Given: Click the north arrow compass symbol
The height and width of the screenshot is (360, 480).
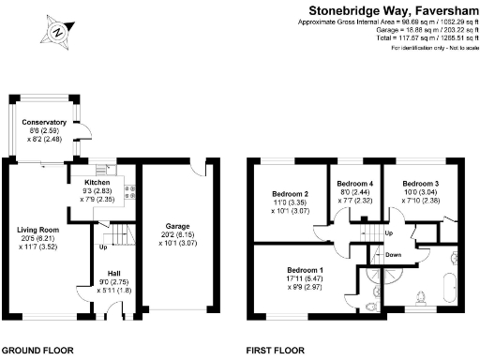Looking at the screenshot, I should (58, 31).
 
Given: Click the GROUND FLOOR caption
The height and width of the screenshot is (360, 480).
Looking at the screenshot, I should (38, 351).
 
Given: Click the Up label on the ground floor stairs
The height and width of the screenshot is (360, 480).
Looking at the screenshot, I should (102, 247).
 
